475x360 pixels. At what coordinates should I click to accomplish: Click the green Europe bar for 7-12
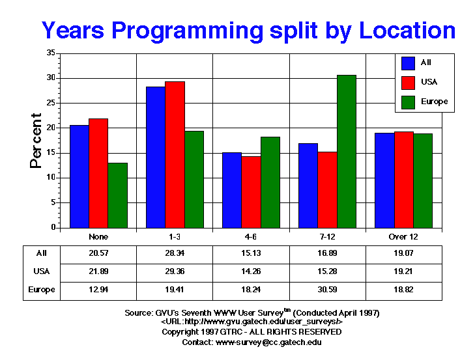347,152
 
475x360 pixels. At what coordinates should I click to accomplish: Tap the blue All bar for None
79,176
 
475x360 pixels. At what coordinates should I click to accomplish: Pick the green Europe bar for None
117,195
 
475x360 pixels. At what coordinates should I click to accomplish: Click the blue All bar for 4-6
231,190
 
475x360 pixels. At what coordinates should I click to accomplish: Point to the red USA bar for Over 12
403,180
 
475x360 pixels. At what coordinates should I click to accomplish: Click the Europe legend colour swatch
409,102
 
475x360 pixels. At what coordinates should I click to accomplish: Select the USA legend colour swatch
409,82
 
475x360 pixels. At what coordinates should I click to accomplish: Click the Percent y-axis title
36,141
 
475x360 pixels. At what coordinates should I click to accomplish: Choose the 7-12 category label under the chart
327,237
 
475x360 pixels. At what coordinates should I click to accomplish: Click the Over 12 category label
404,237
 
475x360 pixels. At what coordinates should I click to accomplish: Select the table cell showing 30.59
327,290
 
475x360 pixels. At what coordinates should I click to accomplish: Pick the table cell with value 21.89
98,271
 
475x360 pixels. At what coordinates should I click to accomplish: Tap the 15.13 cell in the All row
251,253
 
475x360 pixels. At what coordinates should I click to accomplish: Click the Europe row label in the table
42,290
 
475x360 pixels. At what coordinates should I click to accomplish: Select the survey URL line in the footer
252,322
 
